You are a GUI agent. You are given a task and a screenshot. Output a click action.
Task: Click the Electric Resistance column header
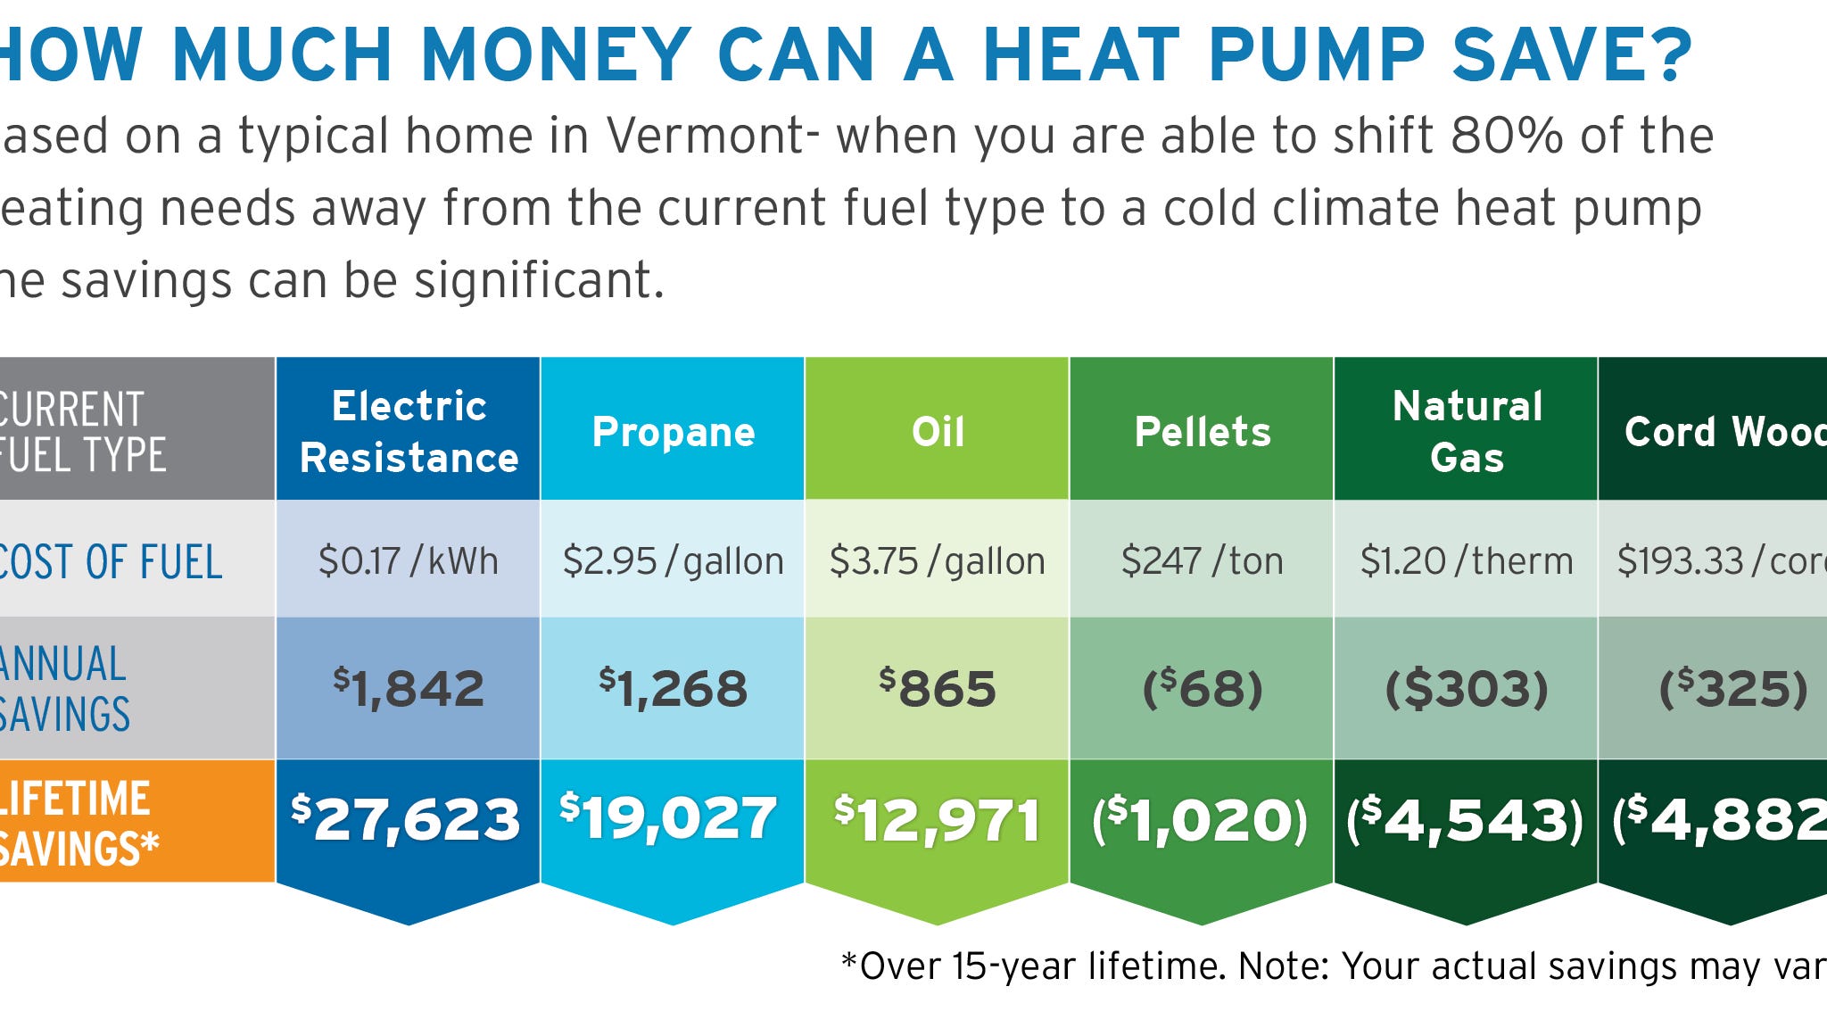409,432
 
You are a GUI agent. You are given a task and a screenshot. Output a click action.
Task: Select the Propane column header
674,432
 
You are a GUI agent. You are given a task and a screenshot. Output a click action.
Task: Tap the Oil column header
938,432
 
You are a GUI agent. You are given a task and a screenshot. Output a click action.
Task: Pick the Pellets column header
1202,432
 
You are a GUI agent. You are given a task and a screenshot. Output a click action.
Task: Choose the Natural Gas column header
1467,432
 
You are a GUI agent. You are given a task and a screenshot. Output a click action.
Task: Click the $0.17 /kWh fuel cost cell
409,561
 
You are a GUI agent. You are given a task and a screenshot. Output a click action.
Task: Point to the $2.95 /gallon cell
674,561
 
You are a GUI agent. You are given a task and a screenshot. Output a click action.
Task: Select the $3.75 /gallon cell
938,561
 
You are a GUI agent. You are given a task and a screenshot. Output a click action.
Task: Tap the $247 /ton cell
1202,561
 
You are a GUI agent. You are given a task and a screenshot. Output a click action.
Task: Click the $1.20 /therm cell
1467,561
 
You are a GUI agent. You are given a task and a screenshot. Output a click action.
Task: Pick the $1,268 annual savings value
674,689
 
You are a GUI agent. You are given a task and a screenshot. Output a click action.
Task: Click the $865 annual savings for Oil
938,689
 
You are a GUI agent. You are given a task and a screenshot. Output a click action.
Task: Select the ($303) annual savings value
1467,689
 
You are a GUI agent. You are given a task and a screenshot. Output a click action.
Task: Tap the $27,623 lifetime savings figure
406,819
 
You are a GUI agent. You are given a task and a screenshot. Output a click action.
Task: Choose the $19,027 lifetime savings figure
669,817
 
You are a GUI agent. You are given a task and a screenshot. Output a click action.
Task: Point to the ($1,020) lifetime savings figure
1201,819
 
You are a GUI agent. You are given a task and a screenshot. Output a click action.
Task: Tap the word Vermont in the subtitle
706,137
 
